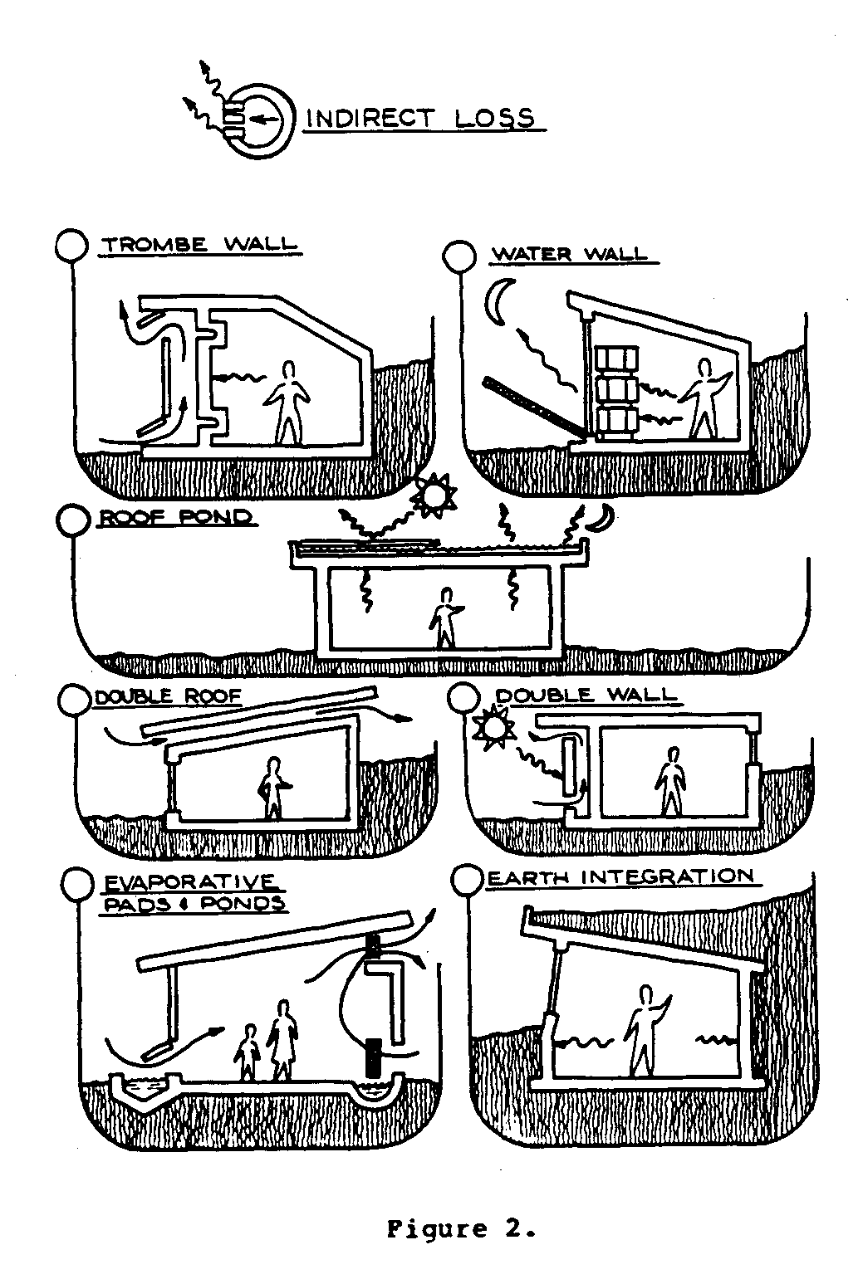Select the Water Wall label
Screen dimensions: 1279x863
(x=569, y=253)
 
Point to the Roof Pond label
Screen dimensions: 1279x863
(x=175, y=518)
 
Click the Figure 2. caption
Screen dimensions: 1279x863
(x=460, y=1228)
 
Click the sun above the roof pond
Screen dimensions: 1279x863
(x=434, y=495)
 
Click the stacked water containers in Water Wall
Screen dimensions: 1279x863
(x=615, y=390)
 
